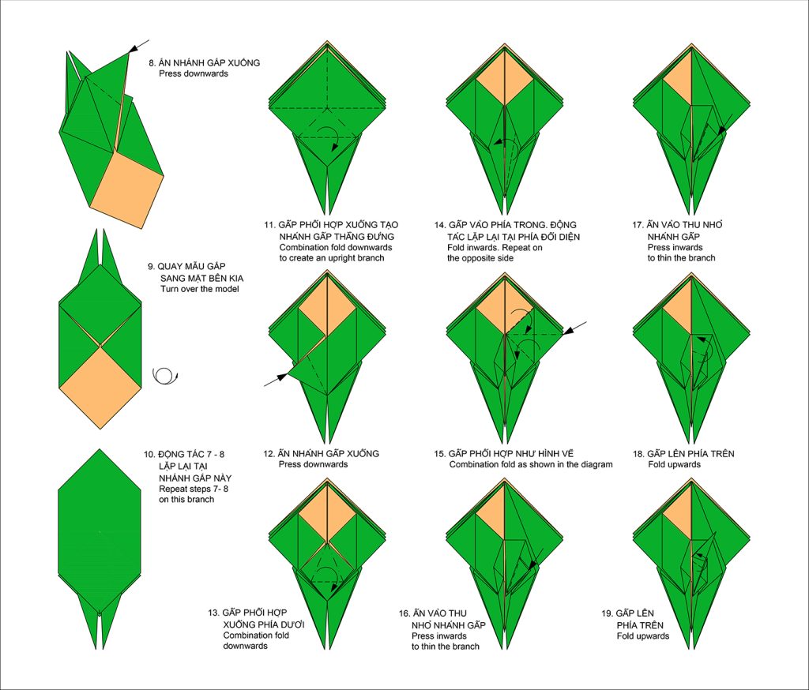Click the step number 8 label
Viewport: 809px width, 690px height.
pos(152,63)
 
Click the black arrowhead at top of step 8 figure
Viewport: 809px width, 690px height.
pos(133,48)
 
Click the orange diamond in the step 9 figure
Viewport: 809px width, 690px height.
pos(100,388)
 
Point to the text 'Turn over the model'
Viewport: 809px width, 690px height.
pos(200,289)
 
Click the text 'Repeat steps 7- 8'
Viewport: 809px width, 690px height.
pos(194,489)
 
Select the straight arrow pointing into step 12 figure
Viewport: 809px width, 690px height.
pos(276,379)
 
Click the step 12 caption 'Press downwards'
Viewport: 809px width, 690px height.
pos(313,465)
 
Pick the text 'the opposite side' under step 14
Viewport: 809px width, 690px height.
pos(480,258)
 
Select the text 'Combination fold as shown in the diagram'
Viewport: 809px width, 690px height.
pos(531,465)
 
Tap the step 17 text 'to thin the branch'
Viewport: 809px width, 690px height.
pos(682,258)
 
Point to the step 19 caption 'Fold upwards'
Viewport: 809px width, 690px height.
pos(643,636)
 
